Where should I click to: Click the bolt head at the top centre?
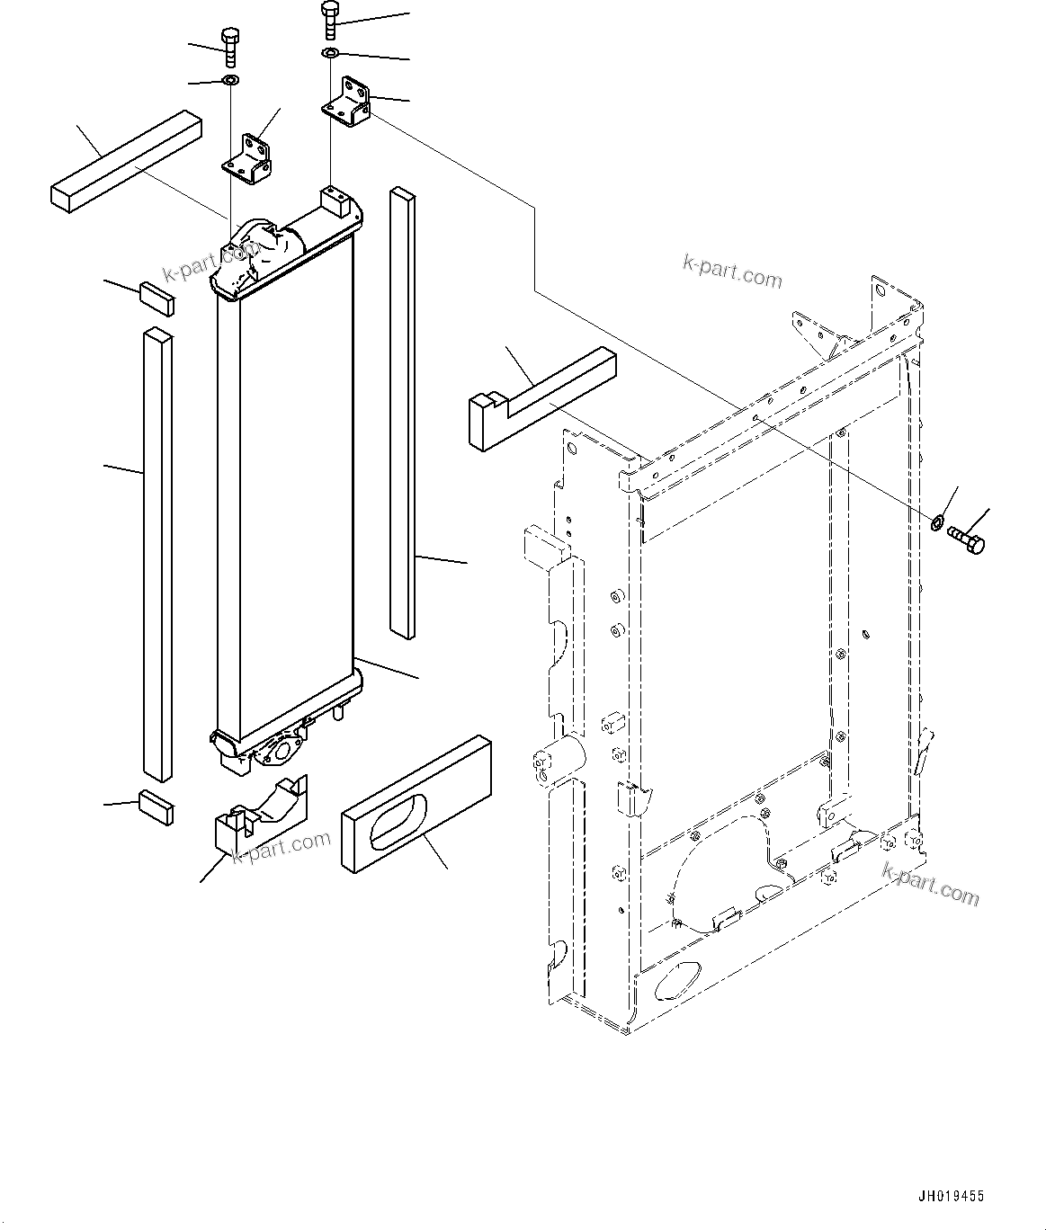coord(329,10)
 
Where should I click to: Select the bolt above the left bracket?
coord(228,47)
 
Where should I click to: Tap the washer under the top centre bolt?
coord(330,56)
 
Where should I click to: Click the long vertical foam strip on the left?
coord(157,553)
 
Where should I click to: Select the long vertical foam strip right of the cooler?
coord(402,414)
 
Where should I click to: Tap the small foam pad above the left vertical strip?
coord(156,298)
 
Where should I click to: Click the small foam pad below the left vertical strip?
coord(156,807)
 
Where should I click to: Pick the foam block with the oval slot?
coord(416,803)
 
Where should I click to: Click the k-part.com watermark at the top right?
coord(732,272)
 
